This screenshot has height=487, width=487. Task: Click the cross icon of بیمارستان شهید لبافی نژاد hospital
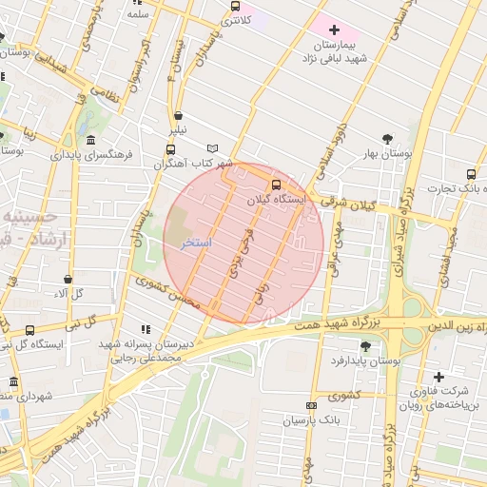click(334, 30)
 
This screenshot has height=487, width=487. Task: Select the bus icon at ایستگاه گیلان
click(276, 185)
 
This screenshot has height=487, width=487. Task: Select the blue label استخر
click(196, 243)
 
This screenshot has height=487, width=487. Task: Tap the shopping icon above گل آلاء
click(68, 279)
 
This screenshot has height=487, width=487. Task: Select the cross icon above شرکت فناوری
click(438, 377)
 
